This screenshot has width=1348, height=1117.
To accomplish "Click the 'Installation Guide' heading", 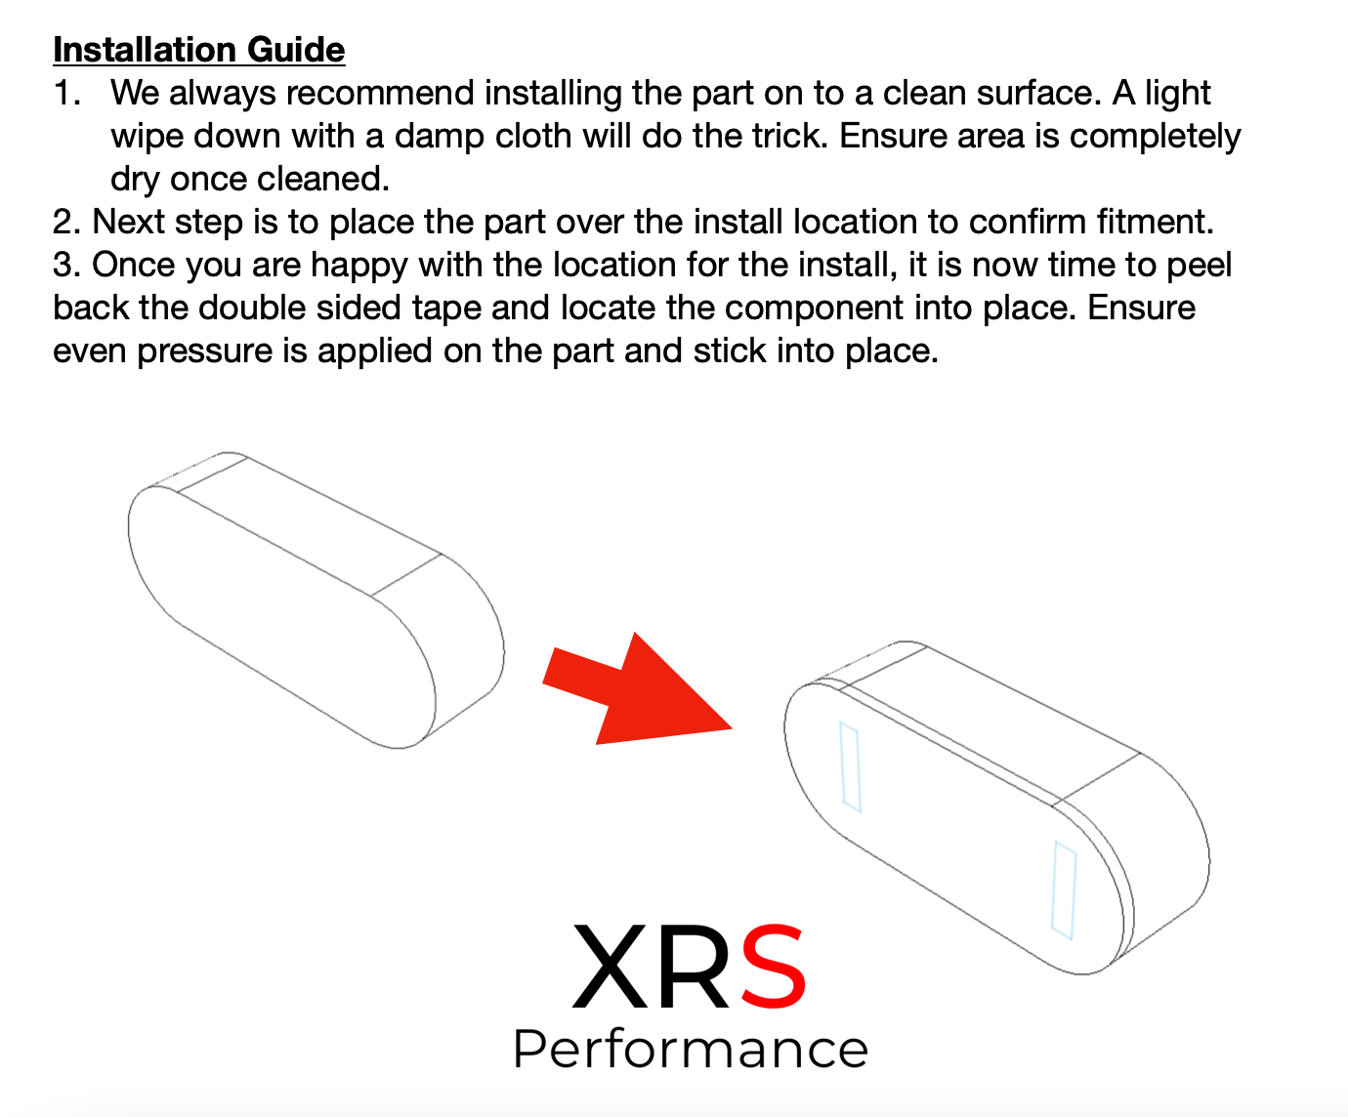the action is click(x=199, y=51).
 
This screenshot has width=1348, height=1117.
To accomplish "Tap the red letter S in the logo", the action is click(x=774, y=966).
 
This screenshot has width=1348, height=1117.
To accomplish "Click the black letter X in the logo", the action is click(x=611, y=966).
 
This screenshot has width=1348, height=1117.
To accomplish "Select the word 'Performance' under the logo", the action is click(x=691, y=1050).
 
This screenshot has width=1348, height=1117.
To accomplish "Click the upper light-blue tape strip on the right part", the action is click(x=850, y=766).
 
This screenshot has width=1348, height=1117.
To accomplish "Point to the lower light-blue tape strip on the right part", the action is click(x=1064, y=890).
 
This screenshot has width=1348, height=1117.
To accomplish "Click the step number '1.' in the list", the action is click(x=67, y=93).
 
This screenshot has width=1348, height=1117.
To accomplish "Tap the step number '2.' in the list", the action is click(x=66, y=222).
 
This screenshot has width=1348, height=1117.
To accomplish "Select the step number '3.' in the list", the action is click(x=66, y=266).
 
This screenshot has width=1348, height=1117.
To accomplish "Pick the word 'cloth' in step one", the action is click(x=533, y=136).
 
